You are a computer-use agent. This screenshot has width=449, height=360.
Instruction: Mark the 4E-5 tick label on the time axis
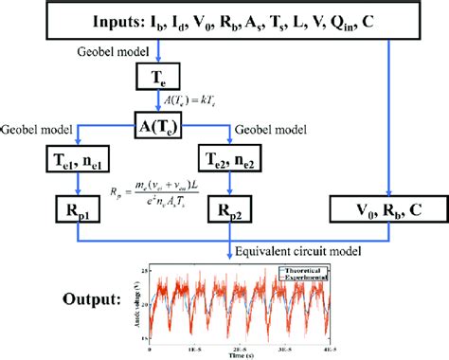coord(335,346)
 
